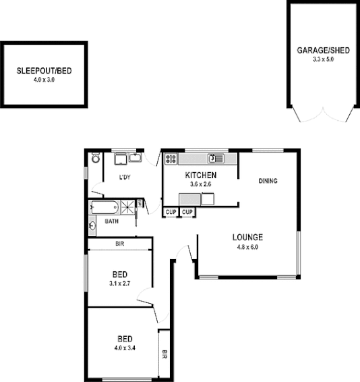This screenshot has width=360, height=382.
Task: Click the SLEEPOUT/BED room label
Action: click(x=44, y=71)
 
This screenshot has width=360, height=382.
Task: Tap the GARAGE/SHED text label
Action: click(x=323, y=51)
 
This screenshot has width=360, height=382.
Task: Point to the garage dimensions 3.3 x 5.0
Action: click(x=323, y=59)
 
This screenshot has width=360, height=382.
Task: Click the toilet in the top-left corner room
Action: click(x=95, y=159)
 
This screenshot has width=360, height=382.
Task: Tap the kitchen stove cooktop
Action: click(x=170, y=159)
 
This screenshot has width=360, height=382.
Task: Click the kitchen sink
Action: click(x=214, y=159)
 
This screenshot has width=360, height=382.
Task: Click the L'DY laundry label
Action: click(x=124, y=178)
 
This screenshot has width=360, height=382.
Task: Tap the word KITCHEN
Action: click(x=200, y=175)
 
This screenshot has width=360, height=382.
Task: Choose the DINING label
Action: click(x=268, y=181)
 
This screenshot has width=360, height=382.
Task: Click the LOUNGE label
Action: click(x=247, y=237)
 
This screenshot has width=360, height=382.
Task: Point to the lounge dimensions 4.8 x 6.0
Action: click(x=247, y=246)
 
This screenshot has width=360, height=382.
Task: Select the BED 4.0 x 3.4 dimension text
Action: click(x=123, y=348)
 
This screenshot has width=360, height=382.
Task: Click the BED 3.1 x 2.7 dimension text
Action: click(x=120, y=284)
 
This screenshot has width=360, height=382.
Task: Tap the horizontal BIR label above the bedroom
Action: click(x=119, y=243)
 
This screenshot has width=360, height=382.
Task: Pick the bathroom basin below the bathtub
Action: click(x=92, y=226)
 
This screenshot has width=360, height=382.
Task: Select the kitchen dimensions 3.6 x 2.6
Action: click(x=200, y=184)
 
